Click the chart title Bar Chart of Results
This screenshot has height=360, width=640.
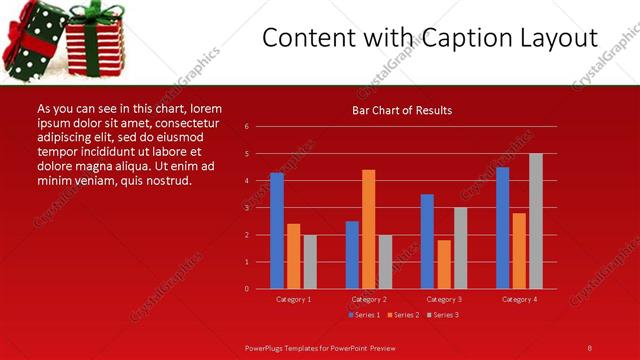pyautogui.click(x=401, y=110)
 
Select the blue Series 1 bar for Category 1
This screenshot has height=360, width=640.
pyautogui.click(x=277, y=231)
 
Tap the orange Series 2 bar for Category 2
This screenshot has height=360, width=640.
pyautogui.click(x=369, y=229)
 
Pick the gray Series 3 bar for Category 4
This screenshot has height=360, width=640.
pyautogui.click(x=536, y=221)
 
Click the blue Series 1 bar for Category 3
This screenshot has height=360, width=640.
pyautogui.click(x=427, y=241)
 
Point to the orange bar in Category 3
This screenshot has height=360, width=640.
pyautogui.click(x=444, y=264)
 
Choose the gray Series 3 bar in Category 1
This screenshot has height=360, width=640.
pyautogui.click(x=310, y=262)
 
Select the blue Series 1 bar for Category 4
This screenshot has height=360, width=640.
pyautogui.click(x=502, y=228)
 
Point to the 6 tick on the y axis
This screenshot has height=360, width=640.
pyautogui.click(x=247, y=127)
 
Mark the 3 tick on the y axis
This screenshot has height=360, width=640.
pyautogui.click(x=247, y=208)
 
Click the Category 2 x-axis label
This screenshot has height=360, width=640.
pyautogui.click(x=369, y=299)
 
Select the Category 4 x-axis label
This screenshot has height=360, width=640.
pyautogui.click(x=519, y=299)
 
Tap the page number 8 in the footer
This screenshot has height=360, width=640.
pyautogui.click(x=590, y=347)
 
